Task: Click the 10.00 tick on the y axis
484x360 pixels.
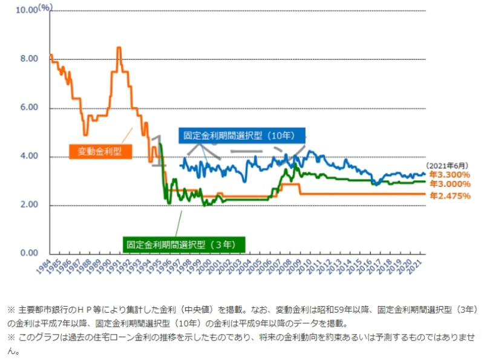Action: [27, 10]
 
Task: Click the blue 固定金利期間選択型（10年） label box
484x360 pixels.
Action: [242, 136]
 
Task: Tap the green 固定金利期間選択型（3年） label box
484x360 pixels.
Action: [185, 244]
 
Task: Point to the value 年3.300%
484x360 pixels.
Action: [450, 175]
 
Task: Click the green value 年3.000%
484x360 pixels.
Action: [450, 184]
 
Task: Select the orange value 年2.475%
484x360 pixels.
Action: [450, 195]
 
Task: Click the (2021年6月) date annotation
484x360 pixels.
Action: [448, 165]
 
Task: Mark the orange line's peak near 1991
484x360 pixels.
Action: [119, 48]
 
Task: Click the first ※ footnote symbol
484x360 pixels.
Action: [11, 309]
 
